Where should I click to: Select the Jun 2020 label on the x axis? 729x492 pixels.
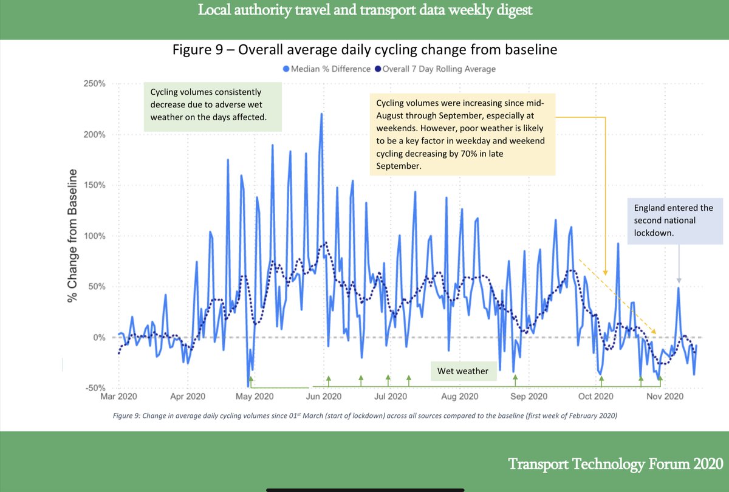tap(322, 397)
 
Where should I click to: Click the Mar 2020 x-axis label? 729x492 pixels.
tap(118, 397)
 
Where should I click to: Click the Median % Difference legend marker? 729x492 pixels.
tap(287, 69)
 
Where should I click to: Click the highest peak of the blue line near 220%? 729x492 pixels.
tap(321, 114)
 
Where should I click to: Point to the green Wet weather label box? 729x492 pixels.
tap(464, 371)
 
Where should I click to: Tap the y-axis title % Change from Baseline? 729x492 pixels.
tap(73, 236)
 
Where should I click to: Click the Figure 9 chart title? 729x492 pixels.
tap(364, 50)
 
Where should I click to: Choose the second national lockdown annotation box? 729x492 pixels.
tap(673, 220)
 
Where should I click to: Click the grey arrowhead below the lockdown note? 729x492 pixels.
tap(679, 279)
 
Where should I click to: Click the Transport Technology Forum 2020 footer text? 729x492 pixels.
tap(615, 464)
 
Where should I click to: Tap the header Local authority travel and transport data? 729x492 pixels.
tap(364, 12)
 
